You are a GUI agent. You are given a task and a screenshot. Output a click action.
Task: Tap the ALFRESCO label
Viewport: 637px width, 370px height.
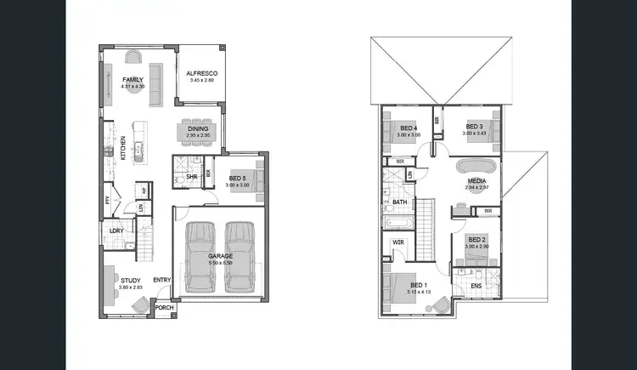(202, 74)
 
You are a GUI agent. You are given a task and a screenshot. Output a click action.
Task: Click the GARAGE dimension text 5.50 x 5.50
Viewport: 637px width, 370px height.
(221, 263)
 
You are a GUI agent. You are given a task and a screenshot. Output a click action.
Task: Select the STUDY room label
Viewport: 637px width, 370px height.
(130, 280)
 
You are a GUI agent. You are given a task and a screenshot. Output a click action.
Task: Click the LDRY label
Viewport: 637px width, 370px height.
(116, 230)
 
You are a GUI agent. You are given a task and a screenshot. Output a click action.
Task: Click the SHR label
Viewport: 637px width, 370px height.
(191, 177)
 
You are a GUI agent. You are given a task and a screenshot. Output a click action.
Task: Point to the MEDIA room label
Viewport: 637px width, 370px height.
(476, 181)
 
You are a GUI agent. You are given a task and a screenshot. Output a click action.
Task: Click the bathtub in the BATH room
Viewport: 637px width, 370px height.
(397, 224)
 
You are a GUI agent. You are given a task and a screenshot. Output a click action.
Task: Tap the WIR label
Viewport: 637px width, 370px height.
(397, 243)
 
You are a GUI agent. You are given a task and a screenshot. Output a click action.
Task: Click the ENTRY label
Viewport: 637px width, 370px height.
(161, 280)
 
